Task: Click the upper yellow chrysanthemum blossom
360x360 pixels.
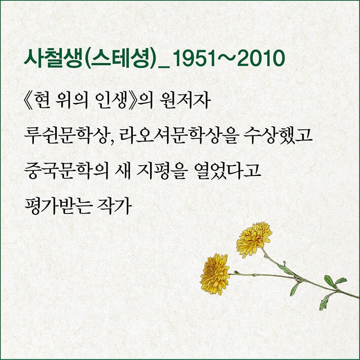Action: [254, 238]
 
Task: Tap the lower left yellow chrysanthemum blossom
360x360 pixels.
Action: [215, 274]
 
